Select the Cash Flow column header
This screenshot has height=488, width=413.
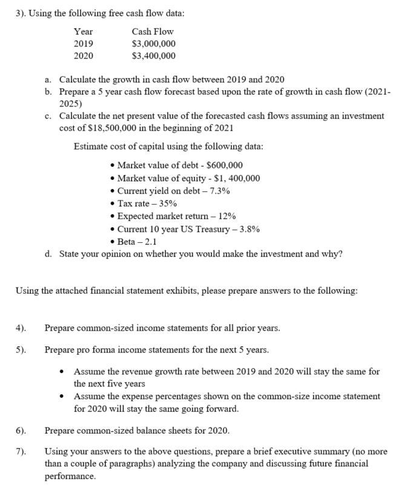152,31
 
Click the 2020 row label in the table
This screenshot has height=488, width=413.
83,56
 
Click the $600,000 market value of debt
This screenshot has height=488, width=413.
222,165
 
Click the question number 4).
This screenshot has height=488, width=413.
21,329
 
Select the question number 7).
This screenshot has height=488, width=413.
21,452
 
